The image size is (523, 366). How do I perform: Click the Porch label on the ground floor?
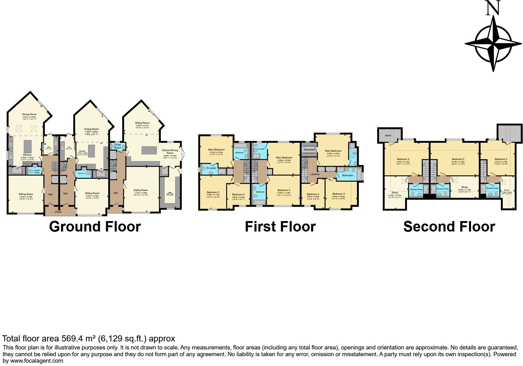[58, 212]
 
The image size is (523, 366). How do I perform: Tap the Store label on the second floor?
[388, 135]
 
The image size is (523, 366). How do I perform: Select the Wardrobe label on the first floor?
[309, 150]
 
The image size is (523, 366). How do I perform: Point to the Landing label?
[315, 174]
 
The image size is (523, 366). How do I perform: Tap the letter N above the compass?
[493, 9]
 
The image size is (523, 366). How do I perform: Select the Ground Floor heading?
[95, 227]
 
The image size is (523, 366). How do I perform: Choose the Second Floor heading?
[449, 227]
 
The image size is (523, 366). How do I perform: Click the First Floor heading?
[280, 227]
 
